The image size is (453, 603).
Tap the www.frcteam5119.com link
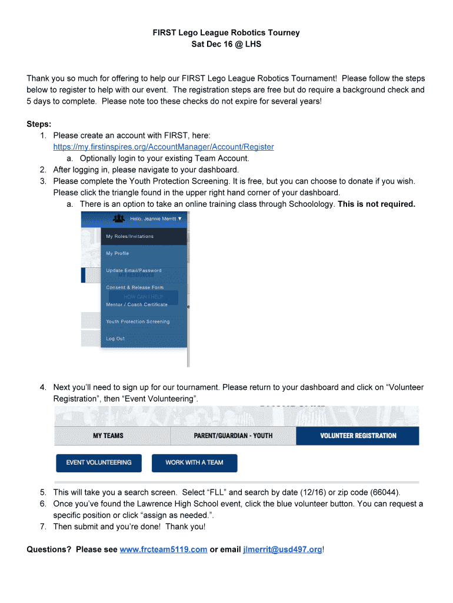point(163,549)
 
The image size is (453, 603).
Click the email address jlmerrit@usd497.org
point(282,549)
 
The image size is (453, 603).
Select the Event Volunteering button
point(99,463)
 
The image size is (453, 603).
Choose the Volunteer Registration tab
point(358,436)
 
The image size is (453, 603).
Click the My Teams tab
point(108,436)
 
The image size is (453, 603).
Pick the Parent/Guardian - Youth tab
point(233,436)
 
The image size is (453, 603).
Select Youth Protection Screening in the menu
point(138,322)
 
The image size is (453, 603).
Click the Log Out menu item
point(115,339)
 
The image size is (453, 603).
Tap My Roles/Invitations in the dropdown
point(129,237)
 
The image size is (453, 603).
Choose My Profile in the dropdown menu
point(117,253)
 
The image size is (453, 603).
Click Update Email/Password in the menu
point(134,270)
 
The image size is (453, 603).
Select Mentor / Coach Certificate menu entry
point(136,304)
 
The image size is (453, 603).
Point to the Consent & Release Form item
point(135,287)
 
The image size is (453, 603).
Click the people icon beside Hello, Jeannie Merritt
point(119,218)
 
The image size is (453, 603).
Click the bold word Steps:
point(39,124)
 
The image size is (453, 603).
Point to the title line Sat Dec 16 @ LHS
point(226,44)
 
